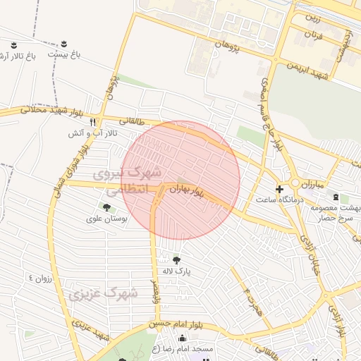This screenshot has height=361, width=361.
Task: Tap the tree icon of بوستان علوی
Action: click(x=106, y=207)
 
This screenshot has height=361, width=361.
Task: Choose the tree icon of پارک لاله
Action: click(x=176, y=260)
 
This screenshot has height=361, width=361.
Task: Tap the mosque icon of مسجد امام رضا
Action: click(x=182, y=338)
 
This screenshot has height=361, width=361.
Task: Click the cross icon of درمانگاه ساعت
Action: click(x=280, y=189)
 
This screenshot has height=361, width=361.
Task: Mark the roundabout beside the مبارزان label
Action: click(x=294, y=183)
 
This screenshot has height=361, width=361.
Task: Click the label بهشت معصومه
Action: click(x=338, y=208)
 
